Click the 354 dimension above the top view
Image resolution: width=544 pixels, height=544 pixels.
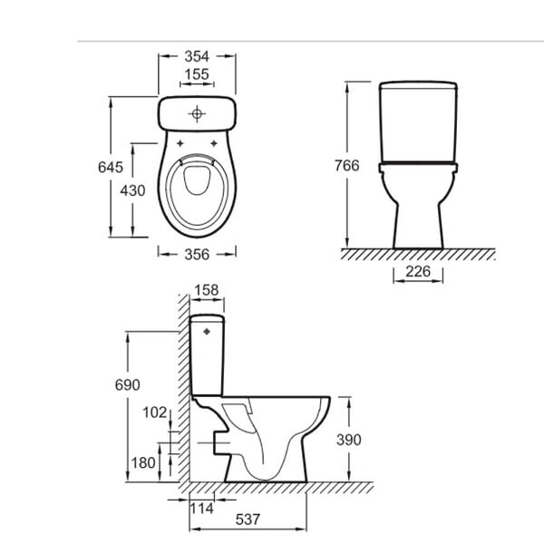click(x=197, y=56)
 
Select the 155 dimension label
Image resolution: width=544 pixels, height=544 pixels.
click(x=197, y=74)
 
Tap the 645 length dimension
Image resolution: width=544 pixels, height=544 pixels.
click(x=111, y=167)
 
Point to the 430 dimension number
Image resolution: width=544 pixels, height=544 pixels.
click(x=132, y=190)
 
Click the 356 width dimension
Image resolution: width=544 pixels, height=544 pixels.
click(x=197, y=255)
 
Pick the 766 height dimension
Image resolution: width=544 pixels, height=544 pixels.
click(x=347, y=166)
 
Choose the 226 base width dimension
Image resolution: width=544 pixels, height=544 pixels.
click(x=418, y=271)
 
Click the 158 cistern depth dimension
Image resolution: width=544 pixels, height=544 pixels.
click(x=207, y=290)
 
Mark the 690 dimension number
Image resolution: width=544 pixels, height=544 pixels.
click(x=128, y=384)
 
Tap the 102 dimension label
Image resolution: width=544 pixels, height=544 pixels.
click(x=155, y=413)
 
